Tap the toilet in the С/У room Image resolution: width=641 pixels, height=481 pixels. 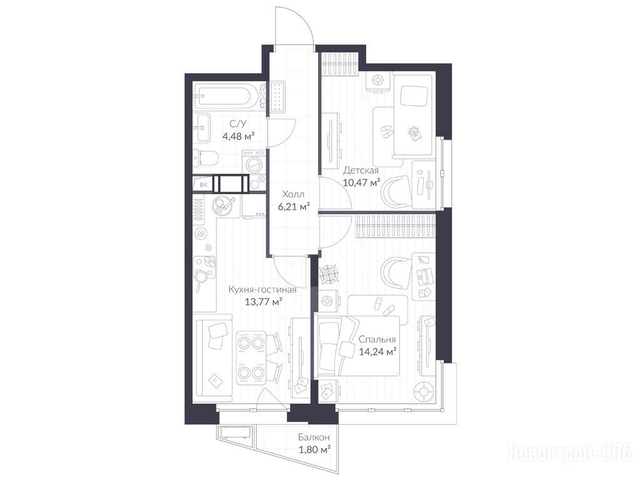[208, 158]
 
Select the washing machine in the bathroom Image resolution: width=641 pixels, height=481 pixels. [254, 163]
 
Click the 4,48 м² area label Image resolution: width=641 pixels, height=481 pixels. [238, 136]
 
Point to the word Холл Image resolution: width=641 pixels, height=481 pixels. [293, 195]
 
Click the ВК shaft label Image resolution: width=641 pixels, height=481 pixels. [203, 185]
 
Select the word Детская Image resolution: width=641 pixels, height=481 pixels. [361, 170]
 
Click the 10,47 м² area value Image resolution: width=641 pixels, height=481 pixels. [361, 182]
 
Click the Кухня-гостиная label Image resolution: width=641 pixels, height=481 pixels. [262, 289]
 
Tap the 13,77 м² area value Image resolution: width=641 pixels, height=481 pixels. [264, 302]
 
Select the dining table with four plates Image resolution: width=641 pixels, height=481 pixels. [251, 356]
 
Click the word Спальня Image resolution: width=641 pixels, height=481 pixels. [377, 339]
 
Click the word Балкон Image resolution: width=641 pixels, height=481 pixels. [314, 437]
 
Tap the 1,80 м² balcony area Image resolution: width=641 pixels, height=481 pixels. [314, 450]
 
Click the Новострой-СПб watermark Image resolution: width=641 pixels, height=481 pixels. [570, 452]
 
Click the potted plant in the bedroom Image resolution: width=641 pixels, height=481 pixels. [331, 273]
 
